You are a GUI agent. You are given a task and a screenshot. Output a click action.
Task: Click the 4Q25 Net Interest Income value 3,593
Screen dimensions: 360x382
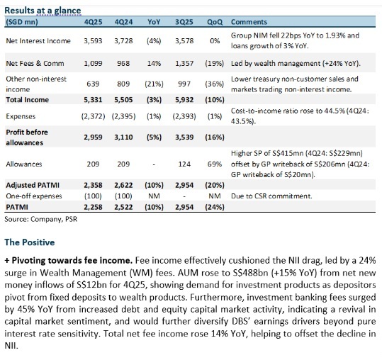[x=94, y=40]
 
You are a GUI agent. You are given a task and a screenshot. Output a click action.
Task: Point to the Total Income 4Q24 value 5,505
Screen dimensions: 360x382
[x=124, y=98]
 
